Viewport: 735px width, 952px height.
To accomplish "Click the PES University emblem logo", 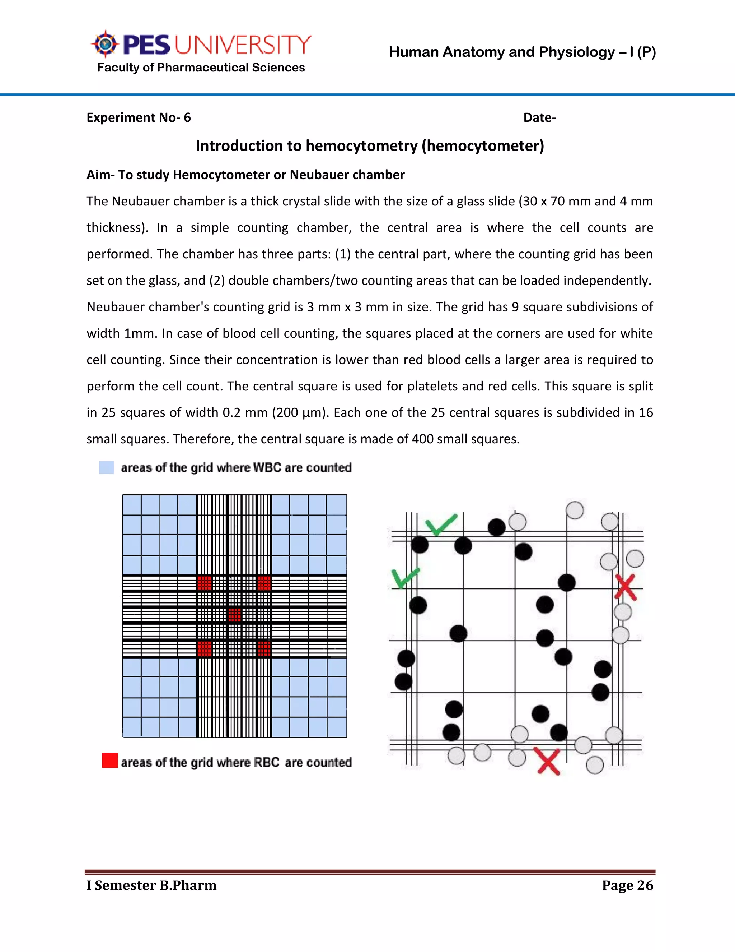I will tap(104, 44).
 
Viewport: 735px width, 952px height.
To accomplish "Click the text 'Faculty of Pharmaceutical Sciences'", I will tap(201, 68).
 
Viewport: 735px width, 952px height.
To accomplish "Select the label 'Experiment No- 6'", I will tap(139, 118).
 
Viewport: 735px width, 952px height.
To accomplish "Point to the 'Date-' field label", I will tap(539, 118).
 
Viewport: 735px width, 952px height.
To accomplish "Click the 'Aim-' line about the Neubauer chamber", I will tap(245, 175).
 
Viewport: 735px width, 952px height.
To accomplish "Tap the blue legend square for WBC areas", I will tap(106, 467).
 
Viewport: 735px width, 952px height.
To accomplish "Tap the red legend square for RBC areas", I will tap(110, 760).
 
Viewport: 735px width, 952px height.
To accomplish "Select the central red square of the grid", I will tap(234, 615).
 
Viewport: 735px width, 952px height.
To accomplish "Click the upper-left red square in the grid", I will tap(204, 583).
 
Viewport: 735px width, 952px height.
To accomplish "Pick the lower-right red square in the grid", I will tap(264, 648).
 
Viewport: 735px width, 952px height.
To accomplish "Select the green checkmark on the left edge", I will tap(405, 578).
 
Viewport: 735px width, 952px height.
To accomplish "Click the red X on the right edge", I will tap(626, 587).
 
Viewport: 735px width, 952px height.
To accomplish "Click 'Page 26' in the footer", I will tap(627, 885).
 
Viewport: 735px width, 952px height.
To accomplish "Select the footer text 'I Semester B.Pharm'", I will tap(151, 885).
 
